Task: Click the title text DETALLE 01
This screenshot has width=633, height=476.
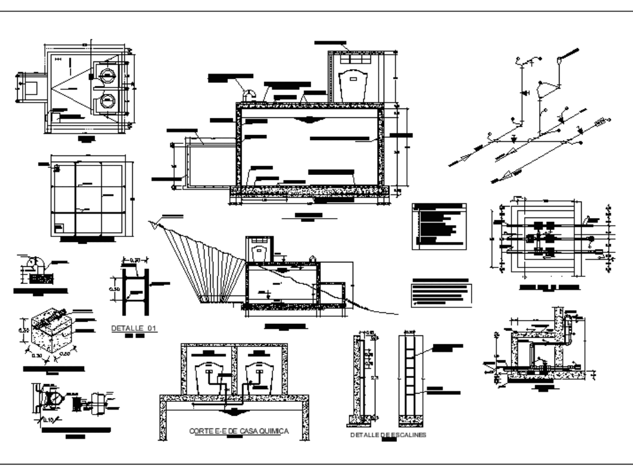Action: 134,328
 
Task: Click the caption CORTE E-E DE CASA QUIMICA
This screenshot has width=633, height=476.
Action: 239,431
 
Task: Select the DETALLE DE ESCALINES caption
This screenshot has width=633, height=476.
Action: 388,435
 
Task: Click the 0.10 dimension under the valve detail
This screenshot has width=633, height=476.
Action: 49,419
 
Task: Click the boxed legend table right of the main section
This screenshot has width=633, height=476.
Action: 439,226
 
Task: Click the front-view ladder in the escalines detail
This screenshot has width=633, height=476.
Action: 411,377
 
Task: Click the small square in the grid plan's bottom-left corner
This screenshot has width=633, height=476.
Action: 59,226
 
